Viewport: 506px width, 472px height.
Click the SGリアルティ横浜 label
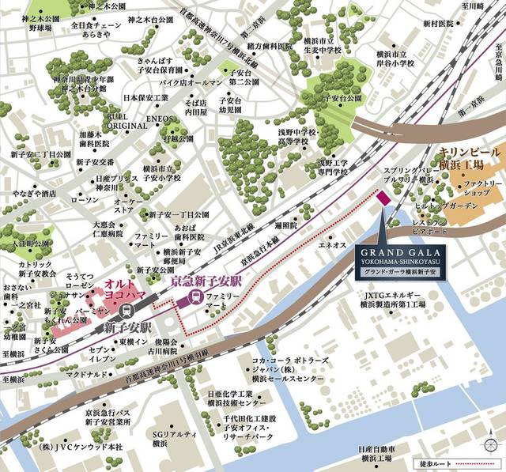pyautogui.click(x=172, y=439)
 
